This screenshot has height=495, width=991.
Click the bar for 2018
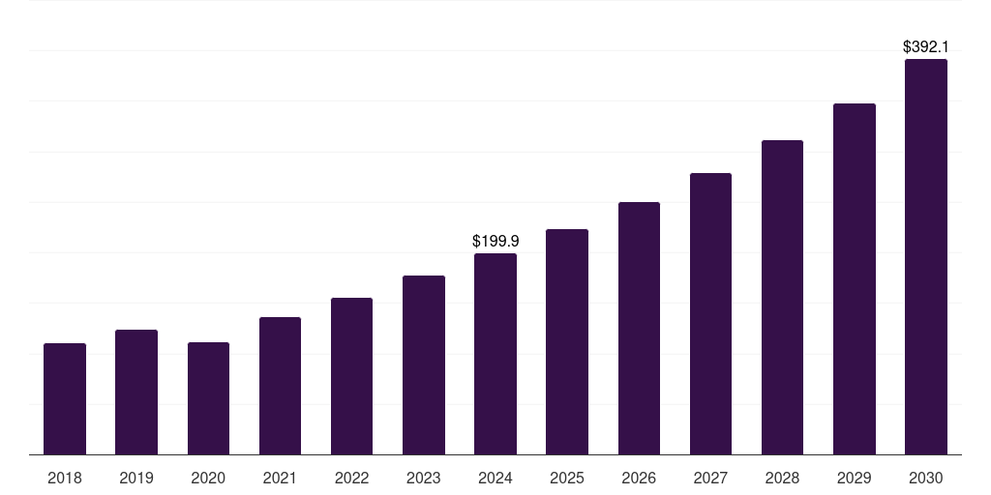point(65,398)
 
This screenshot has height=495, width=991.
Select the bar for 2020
point(208,398)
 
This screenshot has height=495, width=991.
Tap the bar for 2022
point(351,376)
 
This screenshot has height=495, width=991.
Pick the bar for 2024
point(495,354)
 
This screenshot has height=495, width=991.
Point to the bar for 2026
point(639,328)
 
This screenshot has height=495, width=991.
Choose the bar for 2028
point(782,297)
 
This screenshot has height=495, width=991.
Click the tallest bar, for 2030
point(926,256)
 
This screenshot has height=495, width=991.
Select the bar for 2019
point(136,392)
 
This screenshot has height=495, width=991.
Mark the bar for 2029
point(855,278)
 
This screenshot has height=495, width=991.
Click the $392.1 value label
point(926,46)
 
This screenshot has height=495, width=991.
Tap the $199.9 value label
point(495,241)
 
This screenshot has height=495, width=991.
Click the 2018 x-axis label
point(65,478)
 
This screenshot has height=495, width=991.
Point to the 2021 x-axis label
point(280,478)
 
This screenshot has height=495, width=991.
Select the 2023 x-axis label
point(424,478)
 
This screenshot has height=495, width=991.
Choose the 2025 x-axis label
point(567,478)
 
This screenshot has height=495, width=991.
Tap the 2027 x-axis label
point(710,478)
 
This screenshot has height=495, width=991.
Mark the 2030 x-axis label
point(926,478)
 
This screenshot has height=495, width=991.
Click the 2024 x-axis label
point(495,478)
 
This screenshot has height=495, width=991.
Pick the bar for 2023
point(424,364)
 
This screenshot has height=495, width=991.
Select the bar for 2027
point(710,313)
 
